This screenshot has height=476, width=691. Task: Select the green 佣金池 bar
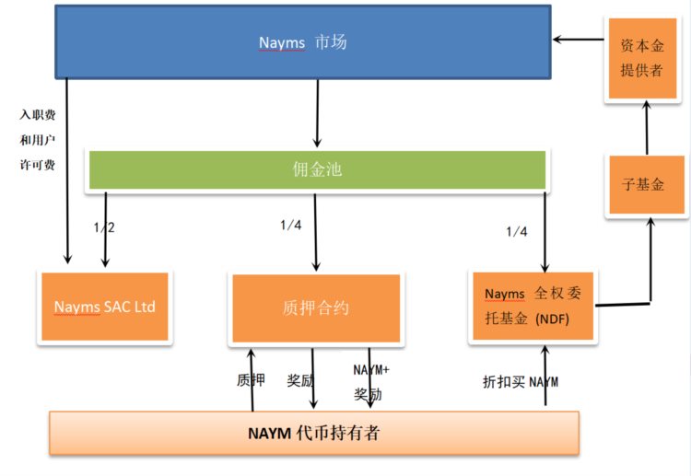(316, 170)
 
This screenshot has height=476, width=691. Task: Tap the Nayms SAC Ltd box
(104, 307)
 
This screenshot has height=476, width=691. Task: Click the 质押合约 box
(316, 309)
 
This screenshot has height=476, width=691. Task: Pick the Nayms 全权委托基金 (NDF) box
(533, 307)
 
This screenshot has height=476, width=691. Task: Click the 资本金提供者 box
(645, 58)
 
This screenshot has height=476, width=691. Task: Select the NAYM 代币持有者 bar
(313, 433)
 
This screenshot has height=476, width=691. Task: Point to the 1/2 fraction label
(104, 226)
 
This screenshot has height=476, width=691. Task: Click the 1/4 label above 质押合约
(291, 226)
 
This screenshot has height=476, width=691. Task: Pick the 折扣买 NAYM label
(520, 380)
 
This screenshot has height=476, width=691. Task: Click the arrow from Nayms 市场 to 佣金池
(317, 113)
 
